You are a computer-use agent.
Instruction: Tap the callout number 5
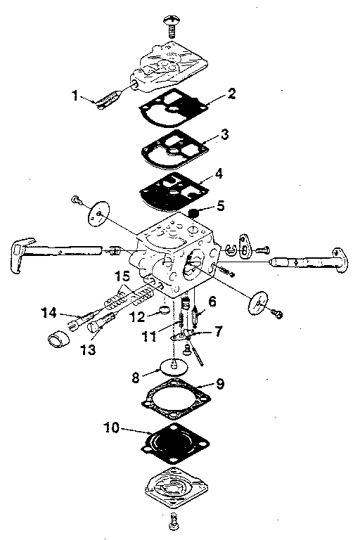click(220, 207)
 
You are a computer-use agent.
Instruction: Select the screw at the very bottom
click(173, 521)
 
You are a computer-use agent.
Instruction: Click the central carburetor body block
click(176, 253)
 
